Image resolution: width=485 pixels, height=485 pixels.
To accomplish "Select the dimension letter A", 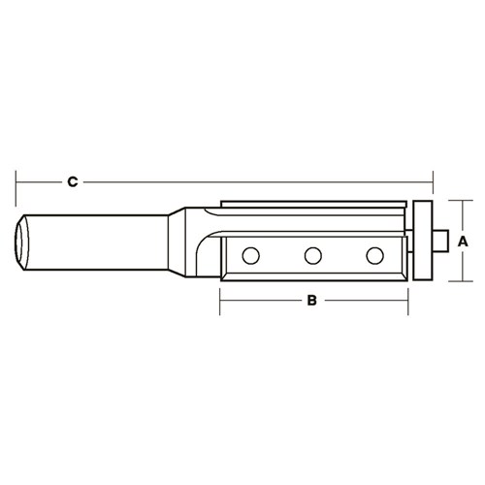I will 463,241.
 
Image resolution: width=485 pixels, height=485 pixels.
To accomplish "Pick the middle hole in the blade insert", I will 312,255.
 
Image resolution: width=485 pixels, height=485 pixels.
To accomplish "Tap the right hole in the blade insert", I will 373,255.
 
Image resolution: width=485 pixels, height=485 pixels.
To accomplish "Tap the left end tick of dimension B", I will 220,301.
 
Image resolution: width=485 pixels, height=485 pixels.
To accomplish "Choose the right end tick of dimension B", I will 404,301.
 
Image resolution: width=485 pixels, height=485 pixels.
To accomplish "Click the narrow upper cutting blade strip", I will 310,205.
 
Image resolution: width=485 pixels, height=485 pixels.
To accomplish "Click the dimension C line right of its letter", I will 252,181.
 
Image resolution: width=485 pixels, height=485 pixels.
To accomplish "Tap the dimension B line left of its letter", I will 262,301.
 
